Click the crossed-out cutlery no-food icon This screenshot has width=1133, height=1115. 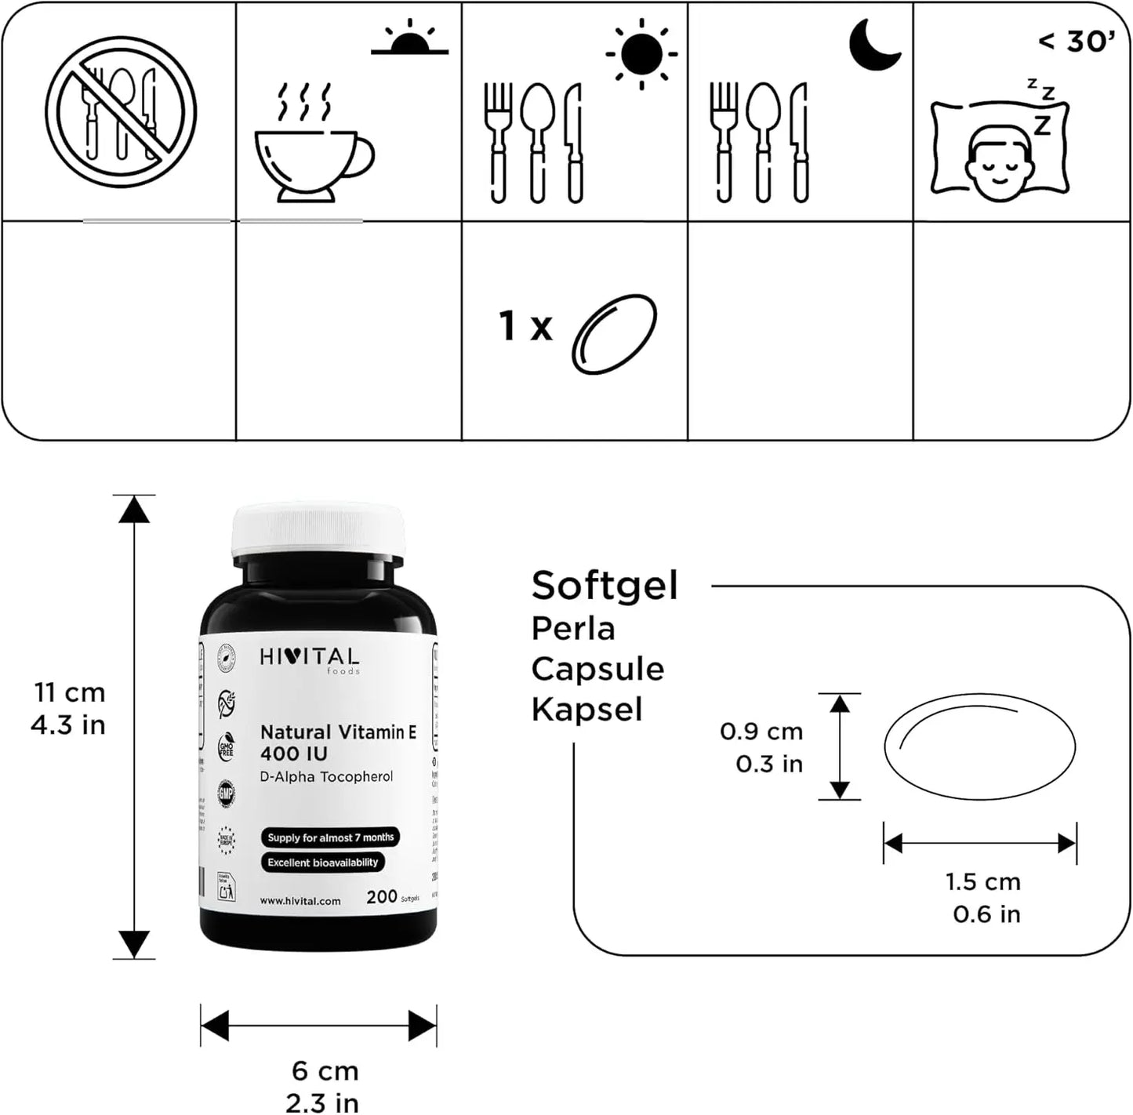120,112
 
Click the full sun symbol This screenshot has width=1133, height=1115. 641,53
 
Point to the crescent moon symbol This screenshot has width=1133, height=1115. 874,45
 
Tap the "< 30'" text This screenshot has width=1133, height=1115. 1076,41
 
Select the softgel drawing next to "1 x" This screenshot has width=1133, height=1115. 614,334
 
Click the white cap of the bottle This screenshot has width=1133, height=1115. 318,530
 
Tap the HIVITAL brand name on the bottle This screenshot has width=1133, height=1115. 309,657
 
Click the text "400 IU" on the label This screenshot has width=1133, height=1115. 294,754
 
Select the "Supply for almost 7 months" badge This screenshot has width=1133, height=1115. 330,837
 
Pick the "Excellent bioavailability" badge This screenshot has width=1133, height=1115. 322,863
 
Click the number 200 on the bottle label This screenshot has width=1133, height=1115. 382,896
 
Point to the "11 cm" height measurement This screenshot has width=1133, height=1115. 69,692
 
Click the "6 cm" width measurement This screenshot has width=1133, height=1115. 325,1070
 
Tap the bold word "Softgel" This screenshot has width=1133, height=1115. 605,585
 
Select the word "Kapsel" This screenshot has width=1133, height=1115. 586,709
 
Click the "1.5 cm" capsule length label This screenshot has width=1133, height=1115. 983,881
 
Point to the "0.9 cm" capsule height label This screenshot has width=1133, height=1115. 761,731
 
